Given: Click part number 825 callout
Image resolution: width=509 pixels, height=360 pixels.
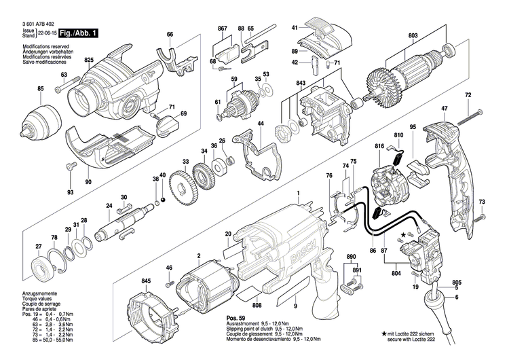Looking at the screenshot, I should pyautogui.click(x=88, y=60).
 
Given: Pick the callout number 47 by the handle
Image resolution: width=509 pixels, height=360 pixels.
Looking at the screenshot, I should pyautogui.click(x=445, y=109).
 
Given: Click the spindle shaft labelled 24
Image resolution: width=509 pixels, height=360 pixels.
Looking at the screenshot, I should pyautogui.click(x=122, y=225).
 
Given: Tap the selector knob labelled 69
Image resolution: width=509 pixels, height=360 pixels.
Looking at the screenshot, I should pyautogui.click(x=166, y=125).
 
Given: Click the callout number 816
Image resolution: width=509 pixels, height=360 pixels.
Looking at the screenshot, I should pyautogui.click(x=379, y=147).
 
